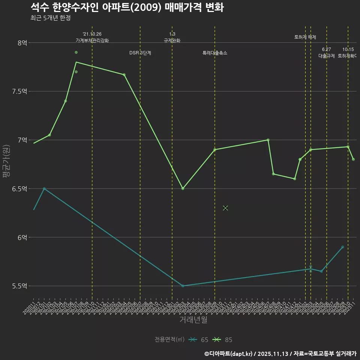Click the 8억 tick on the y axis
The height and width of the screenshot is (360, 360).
[22, 43]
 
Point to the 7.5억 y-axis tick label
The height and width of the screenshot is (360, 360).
[19, 91]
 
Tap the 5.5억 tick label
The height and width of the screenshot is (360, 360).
[19, 286]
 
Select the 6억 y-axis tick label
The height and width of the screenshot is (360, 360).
[22, 237]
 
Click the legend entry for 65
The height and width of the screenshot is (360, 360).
[199, 340]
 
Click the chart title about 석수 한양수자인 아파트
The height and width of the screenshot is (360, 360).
[127, 7]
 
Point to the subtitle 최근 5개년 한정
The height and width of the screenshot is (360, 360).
[50, 18]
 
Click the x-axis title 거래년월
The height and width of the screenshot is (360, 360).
[193, 320]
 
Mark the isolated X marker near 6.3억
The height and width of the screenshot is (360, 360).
[225, 208]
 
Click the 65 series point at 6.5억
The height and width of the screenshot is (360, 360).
[44, 189]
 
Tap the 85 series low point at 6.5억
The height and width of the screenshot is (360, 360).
[183, 189]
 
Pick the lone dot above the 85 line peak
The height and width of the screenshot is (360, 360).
[76, 52]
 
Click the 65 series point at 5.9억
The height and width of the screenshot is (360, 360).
[343, 247]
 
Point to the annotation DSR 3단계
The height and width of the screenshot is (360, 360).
[140, 53]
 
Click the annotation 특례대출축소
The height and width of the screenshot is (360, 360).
[215, 53]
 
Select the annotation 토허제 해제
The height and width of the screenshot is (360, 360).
[305, 37]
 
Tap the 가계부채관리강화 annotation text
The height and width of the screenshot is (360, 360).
[92, 40]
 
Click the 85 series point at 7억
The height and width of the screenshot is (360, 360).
[268, 140]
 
